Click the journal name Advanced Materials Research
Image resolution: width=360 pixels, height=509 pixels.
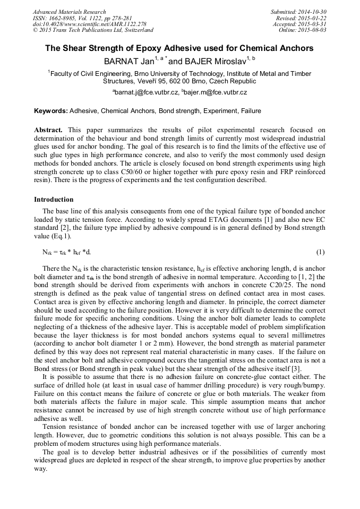pos(70,12)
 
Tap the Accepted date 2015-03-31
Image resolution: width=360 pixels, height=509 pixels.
pos(313,24)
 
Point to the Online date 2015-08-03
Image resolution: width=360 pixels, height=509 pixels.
pos(313,30)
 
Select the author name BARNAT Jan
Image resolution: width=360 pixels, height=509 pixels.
pos(128,62)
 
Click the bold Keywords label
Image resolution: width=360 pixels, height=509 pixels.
pos(50,111)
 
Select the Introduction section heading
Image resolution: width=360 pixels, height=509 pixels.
pos(54,200)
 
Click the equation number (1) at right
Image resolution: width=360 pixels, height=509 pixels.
pos(320,251)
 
